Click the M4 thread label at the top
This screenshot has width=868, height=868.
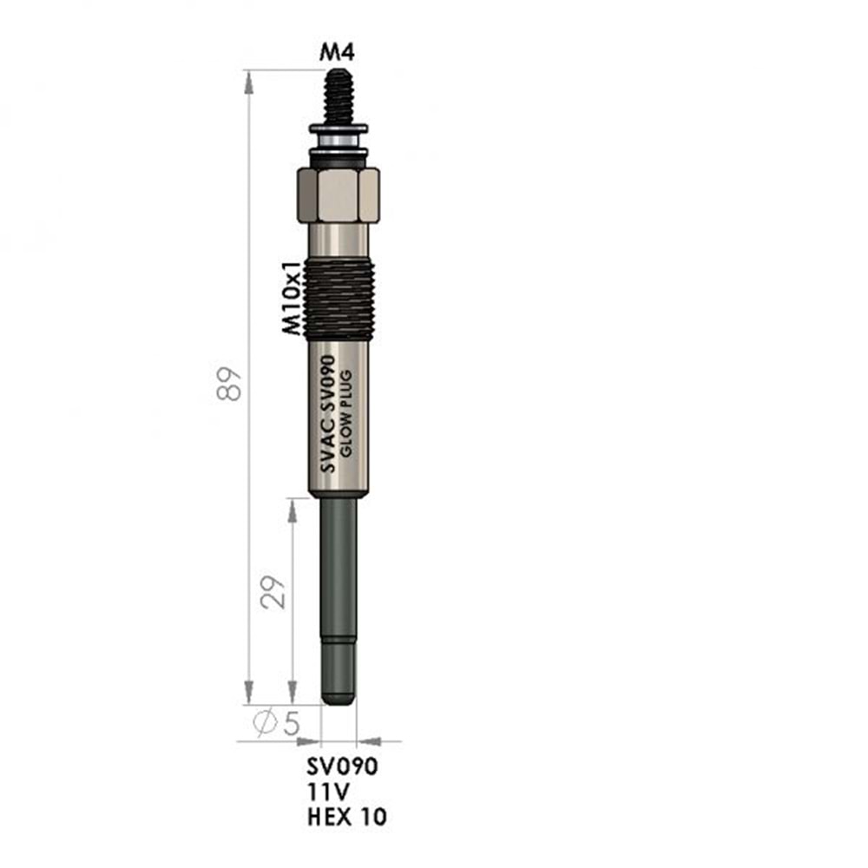(337, 52)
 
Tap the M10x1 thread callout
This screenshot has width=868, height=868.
(293, 297)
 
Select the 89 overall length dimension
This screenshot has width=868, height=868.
(230, 383)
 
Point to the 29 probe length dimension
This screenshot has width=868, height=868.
(273, 592)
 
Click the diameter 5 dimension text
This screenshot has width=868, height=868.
(277, 722)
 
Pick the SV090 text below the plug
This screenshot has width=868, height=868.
(343, 766)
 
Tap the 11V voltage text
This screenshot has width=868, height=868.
(328, 792)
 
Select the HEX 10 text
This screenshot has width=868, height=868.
(347, 817)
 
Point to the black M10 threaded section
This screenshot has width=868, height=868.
(339, 299)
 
